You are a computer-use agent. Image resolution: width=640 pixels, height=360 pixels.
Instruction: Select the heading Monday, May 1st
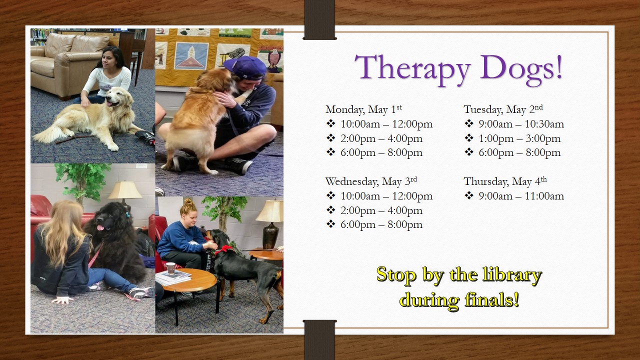click(363, 109)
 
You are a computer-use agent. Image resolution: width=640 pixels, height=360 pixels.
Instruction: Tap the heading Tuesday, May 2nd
click(503, 109)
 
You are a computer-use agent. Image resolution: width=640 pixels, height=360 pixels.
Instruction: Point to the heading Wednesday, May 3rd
click(371, 181)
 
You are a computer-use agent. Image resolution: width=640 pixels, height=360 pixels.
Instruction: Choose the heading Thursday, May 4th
click(505, 181)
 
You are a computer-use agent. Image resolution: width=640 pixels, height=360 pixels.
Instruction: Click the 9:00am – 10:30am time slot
click(521, 124)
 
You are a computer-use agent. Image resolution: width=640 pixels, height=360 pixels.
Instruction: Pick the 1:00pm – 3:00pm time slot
click(519, 138)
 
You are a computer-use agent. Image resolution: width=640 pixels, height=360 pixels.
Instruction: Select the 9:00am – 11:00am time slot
click(521, 196)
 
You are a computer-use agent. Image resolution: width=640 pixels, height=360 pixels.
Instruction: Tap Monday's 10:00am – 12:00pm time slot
click(386, 124)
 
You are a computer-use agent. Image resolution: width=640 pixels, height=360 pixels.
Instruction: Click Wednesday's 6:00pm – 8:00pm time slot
click(381, 225)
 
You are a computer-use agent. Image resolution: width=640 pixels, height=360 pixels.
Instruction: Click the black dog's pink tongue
click(100, 228)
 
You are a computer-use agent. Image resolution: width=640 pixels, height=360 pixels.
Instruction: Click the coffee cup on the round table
click(171, 267)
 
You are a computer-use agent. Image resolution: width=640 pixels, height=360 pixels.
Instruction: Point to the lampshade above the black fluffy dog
click(125, 190)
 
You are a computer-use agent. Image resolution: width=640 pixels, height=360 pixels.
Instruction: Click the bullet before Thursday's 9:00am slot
click(468, 195)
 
